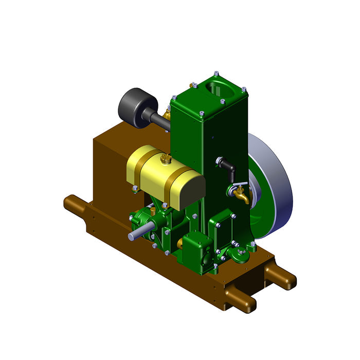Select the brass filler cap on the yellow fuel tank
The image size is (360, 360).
(165, 159)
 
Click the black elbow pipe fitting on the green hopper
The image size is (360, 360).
(226, 165)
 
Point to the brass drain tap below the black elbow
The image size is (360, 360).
(240, 194)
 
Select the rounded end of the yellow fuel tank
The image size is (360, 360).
(189, 190)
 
